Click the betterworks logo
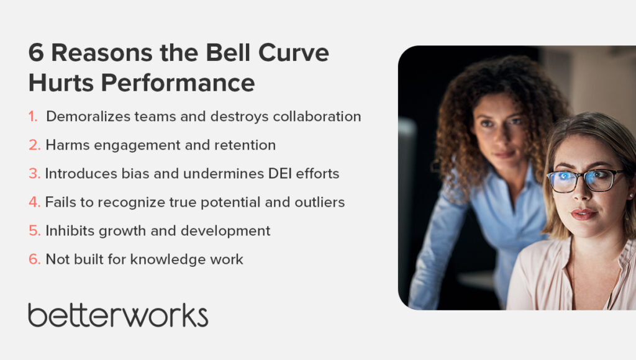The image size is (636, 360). (118, 315)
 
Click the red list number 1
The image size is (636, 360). (33, 117)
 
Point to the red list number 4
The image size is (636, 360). (34, 202)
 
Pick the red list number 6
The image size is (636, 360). (34, 259)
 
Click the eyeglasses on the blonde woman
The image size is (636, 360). (584, 179)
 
